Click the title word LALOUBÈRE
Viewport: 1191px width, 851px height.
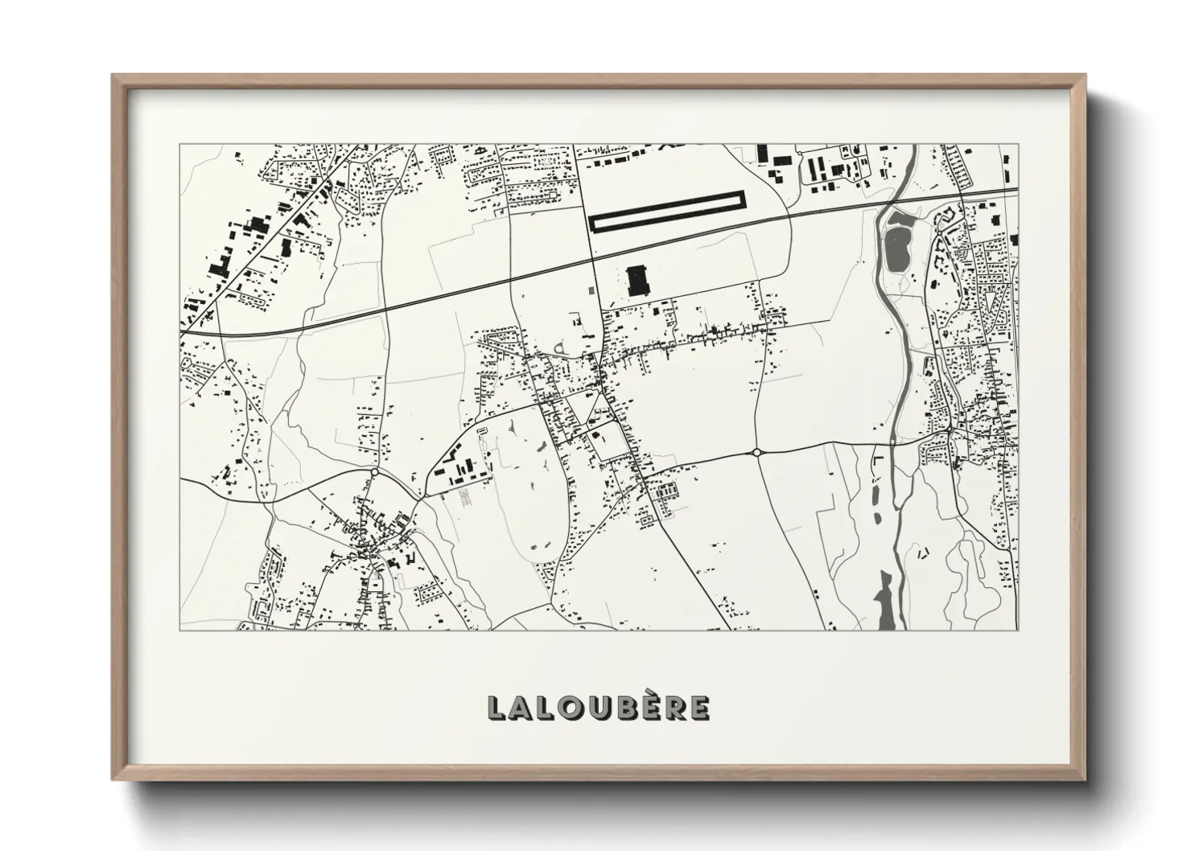(x=598, y=707)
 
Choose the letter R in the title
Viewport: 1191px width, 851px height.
(x=681, y=707)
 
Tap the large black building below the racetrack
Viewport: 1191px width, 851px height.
(x=637, y=281)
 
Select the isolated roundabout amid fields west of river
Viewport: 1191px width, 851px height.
(x=756, y=453)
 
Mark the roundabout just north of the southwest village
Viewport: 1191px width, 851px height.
(x=374, y=472)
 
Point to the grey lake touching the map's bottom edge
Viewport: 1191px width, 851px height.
(x=884, y=599)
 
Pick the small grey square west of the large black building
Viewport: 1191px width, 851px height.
(x=592, y=288)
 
